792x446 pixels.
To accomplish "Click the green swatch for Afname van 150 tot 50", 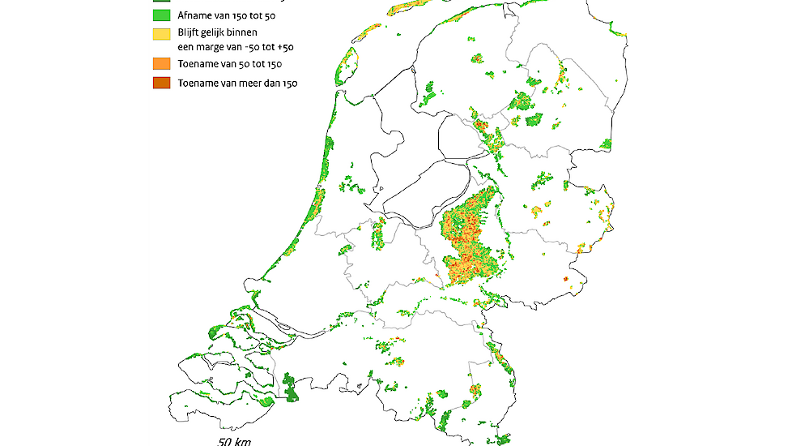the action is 161,15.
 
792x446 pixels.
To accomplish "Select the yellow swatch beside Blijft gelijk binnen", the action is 161,35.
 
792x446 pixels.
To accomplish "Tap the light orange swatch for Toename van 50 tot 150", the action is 161,63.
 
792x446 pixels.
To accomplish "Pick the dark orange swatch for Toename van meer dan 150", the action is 161,82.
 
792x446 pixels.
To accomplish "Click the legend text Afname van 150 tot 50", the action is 225,15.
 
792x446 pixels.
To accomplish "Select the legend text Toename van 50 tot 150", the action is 230,63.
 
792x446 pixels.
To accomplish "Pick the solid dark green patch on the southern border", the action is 290,388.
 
